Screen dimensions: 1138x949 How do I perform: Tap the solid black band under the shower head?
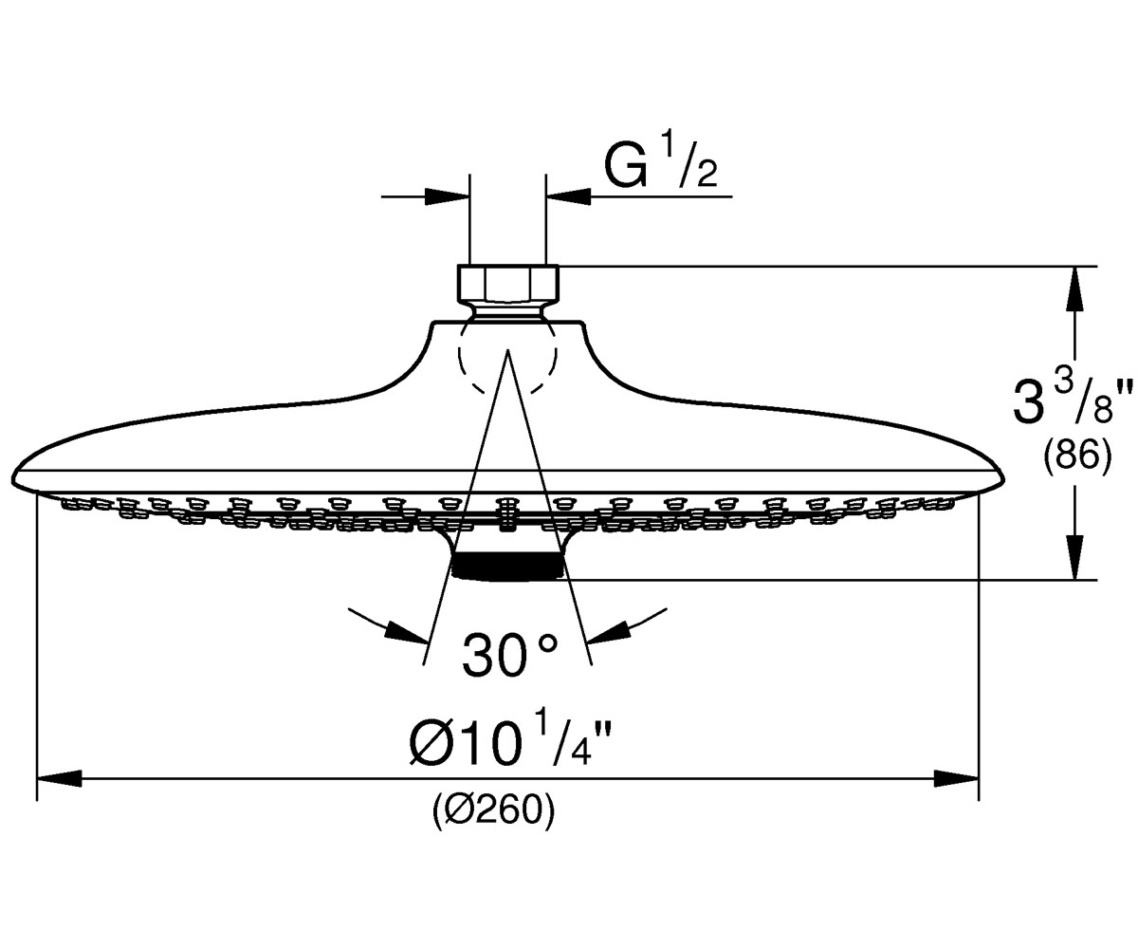point(508,567)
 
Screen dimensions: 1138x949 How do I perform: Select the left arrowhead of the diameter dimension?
point(59,778)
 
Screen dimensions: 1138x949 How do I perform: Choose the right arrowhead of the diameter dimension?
point(956,778)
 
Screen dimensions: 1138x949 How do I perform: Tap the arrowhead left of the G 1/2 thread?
point(447,196)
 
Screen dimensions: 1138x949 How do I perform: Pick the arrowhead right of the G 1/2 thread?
point(568,196)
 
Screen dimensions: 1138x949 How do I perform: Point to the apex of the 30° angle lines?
point(508,351)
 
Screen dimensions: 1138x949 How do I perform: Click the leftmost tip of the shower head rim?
point(12,481)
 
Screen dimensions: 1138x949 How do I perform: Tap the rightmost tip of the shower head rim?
point(1004,481)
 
